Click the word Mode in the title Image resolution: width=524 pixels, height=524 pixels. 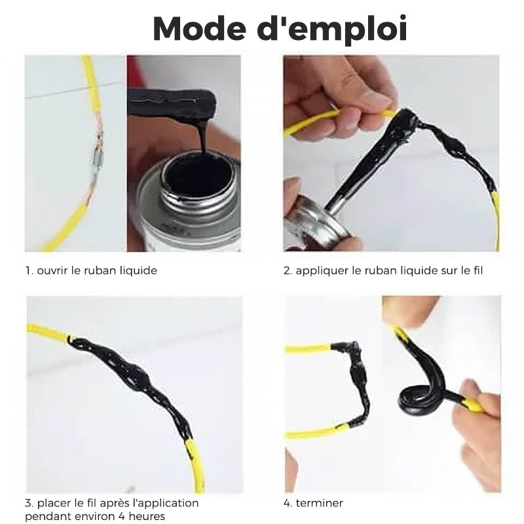[x=199, y=28]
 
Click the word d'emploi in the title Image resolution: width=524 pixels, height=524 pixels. [x=332, y=29]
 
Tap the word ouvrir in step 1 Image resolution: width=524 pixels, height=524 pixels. [x=52, y=271]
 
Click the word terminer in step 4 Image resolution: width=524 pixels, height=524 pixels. [x=320, y=503]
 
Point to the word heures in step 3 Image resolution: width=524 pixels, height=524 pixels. [x=147, y=516]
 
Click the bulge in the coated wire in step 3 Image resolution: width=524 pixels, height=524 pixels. [x=137, y=378]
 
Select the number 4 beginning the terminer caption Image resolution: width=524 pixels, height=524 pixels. [x=287, y=503]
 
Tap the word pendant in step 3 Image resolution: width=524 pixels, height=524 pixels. [x=45, y=516]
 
